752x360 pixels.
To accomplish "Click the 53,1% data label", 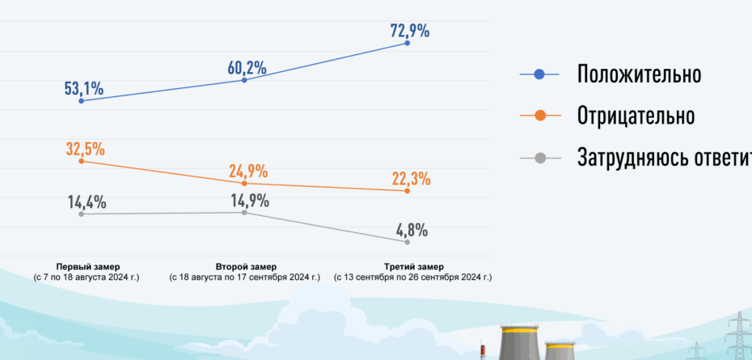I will click(84, 89).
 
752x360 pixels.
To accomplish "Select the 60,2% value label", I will click(247, 68).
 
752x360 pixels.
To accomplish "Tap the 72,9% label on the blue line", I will click(409, 32).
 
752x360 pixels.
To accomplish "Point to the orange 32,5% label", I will click(86, 149).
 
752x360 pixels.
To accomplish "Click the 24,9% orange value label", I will click(248, 172).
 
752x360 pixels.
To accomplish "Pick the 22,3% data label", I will click(412, 179).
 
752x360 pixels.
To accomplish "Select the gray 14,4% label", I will click(87, 202).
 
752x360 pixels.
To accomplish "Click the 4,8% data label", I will click(412, 230).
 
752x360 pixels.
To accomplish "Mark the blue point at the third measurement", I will click(407, 43).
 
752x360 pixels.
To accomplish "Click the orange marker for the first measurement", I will click(82, 162).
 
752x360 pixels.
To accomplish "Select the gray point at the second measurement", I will click(244, 212).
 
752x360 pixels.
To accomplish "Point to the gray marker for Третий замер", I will click(407, 242).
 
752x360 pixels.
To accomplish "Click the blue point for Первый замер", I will click(82, 101).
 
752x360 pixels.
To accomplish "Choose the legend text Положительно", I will click(639, 74).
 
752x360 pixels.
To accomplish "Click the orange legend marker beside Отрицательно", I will click(539, 116).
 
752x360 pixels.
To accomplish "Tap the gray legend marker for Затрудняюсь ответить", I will click(539, 156).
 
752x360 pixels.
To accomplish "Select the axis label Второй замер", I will click(246, 266).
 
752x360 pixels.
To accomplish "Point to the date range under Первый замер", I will click(87, 277).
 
